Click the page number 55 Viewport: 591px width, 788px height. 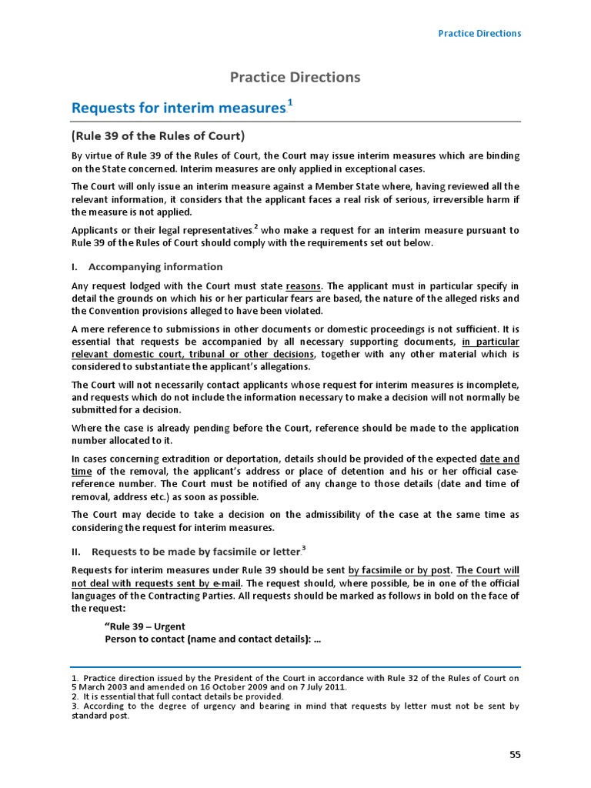[x=515, y=755]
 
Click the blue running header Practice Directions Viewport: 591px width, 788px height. [x=479, y=33]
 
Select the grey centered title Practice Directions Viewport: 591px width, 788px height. [x=295, y=77]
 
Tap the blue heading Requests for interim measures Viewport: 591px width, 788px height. [x=178, y=108]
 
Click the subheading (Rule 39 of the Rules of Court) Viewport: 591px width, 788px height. [x=158, y=137]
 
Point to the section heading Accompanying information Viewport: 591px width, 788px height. [x=155, y=267]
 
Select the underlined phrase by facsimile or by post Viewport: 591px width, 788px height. [x=399, y=571]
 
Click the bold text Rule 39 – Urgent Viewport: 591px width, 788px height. [x=145, y=626]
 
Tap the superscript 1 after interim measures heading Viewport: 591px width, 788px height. [x=289, y=102]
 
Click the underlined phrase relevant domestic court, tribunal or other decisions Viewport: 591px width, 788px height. [x=193, y=354]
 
